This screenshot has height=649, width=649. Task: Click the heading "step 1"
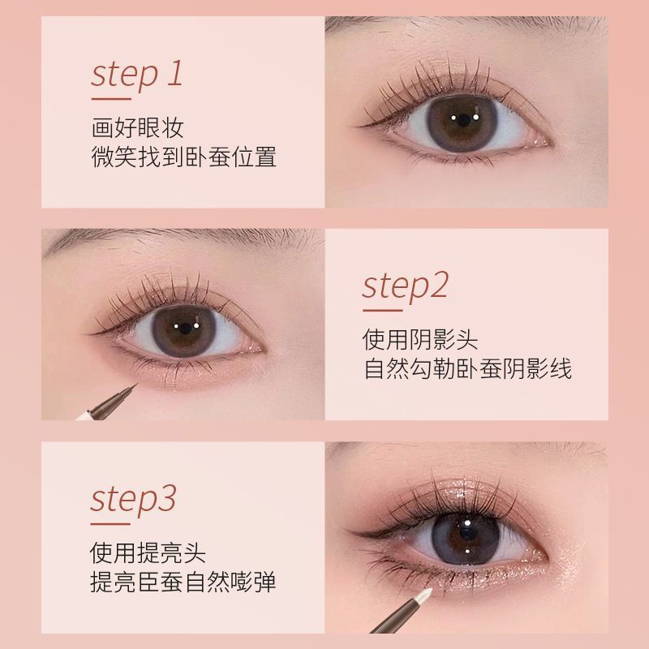tap(137, 75)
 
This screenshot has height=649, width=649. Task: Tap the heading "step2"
tap(405, 286)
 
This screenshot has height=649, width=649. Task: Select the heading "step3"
tap(133, 499)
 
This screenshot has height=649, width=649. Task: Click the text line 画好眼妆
tap(137, 128)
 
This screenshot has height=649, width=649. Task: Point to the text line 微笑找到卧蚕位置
tap(183, 156)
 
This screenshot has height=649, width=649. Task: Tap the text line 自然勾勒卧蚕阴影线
tap(466, 369)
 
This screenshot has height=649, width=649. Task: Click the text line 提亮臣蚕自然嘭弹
tap(183, 582)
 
